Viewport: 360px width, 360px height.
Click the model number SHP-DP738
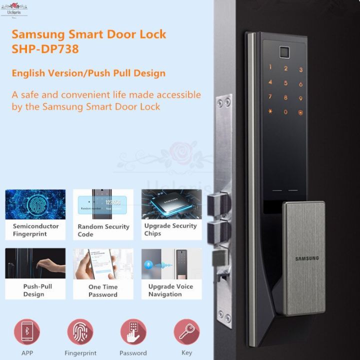tap(45, 50)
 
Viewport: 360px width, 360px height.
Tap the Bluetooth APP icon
tap(27, 332)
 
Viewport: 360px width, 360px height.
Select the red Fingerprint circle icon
tap(80, 332)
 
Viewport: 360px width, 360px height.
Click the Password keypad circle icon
tap(133, 332)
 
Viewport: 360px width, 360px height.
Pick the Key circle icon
tap(186, 332)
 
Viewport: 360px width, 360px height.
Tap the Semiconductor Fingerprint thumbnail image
tap(35, 205)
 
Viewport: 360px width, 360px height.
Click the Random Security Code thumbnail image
tap(103, 205)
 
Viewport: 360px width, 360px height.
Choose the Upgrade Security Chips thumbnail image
tap(171, 205)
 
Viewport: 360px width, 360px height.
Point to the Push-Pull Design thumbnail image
tap(35, 264)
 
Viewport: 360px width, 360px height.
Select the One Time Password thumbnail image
tap(103, 264)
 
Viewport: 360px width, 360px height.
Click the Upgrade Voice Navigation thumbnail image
tap(171, 264)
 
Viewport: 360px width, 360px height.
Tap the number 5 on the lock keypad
tap(286, 83)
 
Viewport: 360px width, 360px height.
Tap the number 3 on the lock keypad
tap(301, 70)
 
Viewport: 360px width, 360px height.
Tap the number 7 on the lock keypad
tap(270, 98)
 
